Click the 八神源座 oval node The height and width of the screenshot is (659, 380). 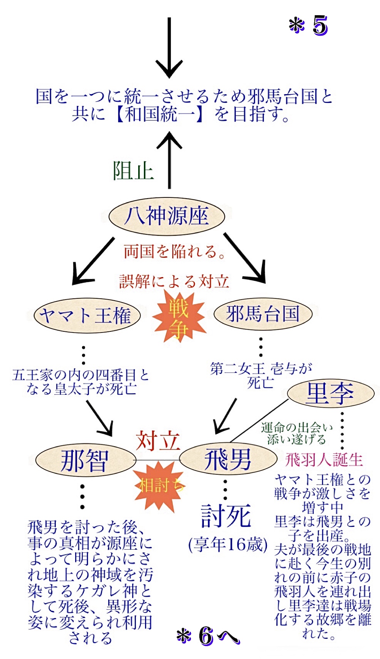click(167, 216)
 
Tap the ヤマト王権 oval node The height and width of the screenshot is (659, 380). click(87, 315)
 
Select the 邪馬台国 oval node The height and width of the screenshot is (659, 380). click(263, 314)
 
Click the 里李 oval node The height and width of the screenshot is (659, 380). click(330, 394)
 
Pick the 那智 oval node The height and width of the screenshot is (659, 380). click(85, 460)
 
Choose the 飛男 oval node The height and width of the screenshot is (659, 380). click(228, 459)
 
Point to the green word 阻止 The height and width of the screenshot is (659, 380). click(133, 171)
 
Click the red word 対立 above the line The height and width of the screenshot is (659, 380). click(158, 441)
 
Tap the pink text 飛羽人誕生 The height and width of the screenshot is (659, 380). click(324, 460)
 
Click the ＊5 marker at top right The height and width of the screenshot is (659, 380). click(308, 25)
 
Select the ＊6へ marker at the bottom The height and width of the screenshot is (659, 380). click(208, 636)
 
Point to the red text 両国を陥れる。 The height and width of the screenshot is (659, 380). click(175, 251)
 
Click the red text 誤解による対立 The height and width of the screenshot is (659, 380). click(174, 281)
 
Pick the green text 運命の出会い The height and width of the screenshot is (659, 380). click(296, 428)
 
